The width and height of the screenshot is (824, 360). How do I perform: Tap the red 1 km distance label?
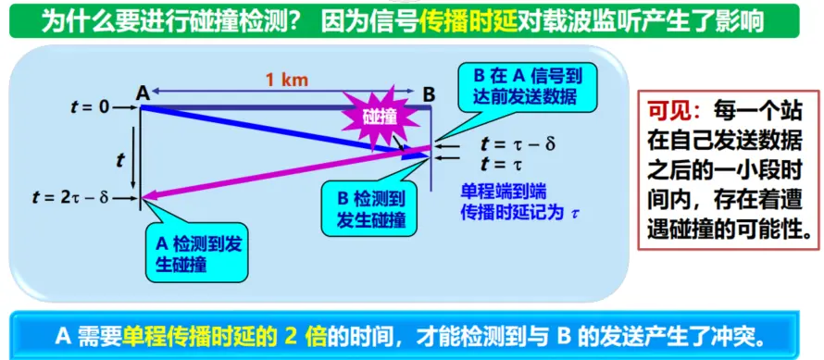click(x=286, y=80)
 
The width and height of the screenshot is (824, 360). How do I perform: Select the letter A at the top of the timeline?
click(x=142, y=94)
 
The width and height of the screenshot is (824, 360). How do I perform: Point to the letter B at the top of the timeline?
click(x=430, y=94)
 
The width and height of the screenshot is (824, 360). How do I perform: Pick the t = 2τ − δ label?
click(x=71, y=199)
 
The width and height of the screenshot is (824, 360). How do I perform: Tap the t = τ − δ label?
click(x=518, y=143)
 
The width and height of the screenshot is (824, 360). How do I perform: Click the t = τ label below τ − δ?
click(x=502, y=164)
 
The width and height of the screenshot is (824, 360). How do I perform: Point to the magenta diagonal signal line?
click(x=286, y=172)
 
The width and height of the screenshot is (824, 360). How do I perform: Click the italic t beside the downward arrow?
click(x=120, y=160)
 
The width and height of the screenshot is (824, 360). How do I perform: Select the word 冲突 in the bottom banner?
click(x=735, y=336)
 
